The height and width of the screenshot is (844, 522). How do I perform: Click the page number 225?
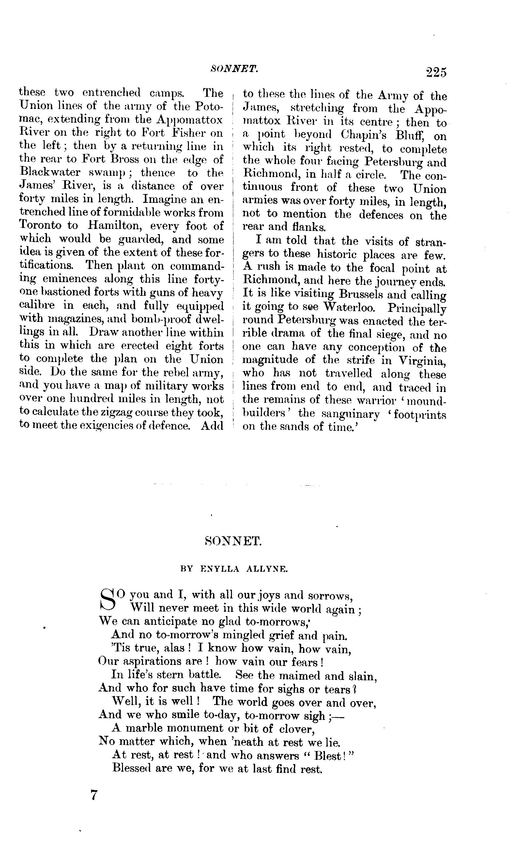[437, 73]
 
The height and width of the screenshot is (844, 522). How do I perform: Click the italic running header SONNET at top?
[235, 69]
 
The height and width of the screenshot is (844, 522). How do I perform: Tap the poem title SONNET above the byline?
[233, 541]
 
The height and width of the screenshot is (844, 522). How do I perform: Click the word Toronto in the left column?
[41, 225]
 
